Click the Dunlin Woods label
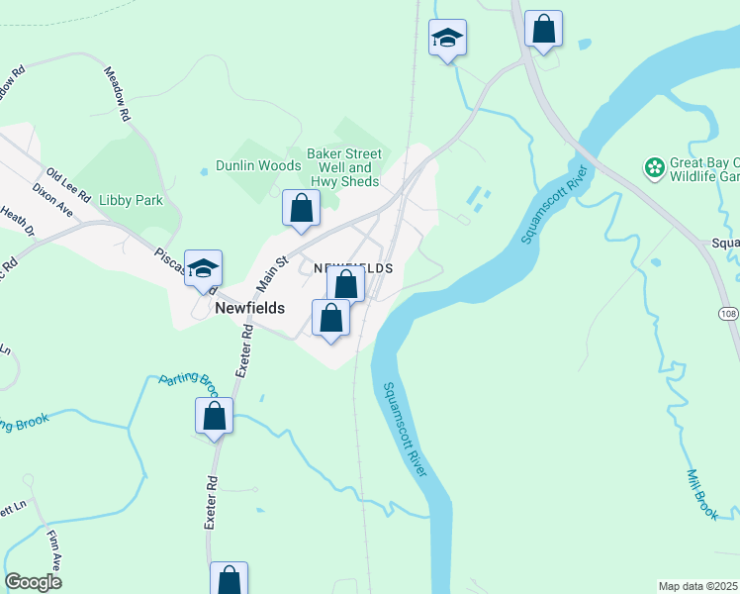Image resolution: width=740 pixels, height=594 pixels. click(x=258, y=166)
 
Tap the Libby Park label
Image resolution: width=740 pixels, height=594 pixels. click(x=131, y=200)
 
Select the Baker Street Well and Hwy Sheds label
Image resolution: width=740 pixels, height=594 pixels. click(x=343, y=168)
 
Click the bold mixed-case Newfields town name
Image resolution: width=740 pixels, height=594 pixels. click(x=250, y=309)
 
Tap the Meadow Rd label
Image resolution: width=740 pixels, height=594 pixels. click(x=118, y=94)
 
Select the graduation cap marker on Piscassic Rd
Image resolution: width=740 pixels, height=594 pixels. click(x=203, y=269)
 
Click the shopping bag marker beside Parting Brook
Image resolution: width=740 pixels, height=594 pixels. click(x=214, y=417)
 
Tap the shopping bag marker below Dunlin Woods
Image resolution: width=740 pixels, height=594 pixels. click(x=302, y=209)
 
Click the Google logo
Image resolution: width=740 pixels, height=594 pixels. click(x=34, y=582)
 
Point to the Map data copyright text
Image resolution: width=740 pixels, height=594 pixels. click(x=698, y=586)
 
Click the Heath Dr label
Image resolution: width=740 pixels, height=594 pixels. click(x=18, y=223)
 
